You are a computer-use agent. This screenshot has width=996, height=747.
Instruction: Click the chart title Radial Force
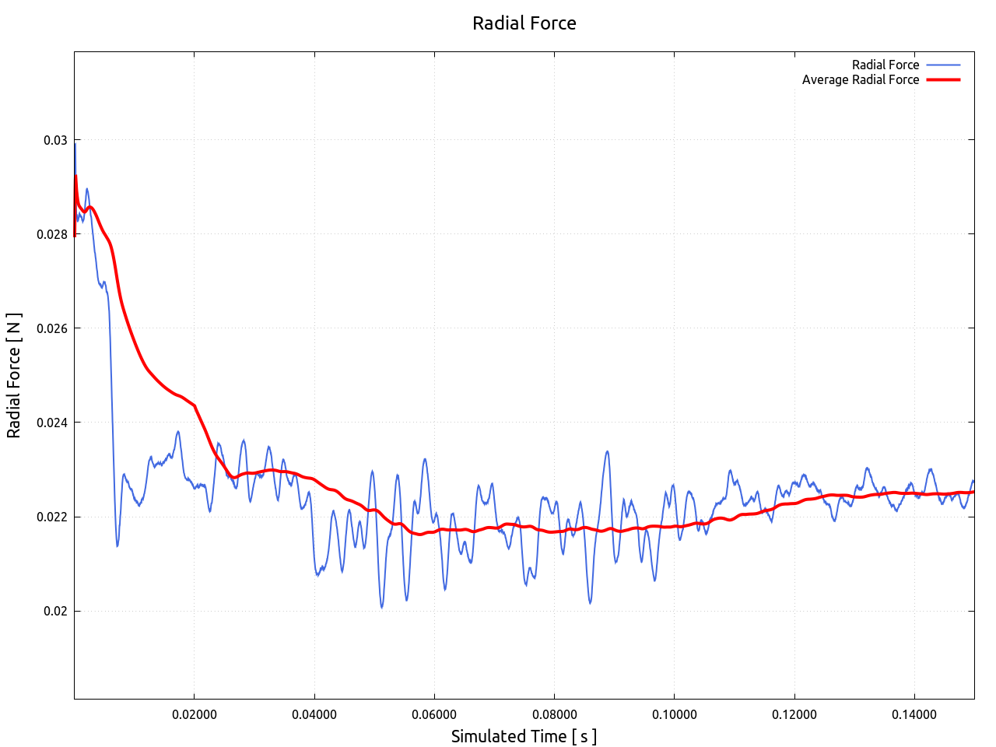524,23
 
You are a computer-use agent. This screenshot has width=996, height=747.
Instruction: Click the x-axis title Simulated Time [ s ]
524,736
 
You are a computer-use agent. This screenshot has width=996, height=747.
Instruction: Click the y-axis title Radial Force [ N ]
14,375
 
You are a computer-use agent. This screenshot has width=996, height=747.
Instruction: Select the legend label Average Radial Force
860,79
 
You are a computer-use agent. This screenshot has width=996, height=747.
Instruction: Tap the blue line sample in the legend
943,65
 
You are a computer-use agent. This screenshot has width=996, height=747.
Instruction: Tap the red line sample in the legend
943,79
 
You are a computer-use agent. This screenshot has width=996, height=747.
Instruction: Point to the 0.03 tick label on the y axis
55,140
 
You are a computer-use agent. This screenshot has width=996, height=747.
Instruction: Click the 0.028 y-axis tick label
52,234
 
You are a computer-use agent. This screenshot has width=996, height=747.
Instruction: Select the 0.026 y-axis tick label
52,328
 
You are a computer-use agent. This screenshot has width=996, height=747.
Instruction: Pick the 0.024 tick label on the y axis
52,423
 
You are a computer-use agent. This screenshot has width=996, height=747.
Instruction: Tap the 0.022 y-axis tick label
52,517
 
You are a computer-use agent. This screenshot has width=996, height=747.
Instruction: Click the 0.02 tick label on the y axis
55,611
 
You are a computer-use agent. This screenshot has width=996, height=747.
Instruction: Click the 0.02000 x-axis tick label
195,714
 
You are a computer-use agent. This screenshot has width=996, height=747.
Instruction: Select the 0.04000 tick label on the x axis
314,714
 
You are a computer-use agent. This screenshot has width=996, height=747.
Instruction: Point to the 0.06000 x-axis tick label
434,714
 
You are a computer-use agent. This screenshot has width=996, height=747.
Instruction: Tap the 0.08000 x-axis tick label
554,714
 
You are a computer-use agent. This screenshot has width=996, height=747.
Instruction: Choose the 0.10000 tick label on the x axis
675,714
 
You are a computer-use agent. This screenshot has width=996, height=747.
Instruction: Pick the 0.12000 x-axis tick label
794,714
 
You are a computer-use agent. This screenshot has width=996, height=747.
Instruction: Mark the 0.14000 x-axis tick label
914,714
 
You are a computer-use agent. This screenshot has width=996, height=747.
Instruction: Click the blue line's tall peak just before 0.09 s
607,451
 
